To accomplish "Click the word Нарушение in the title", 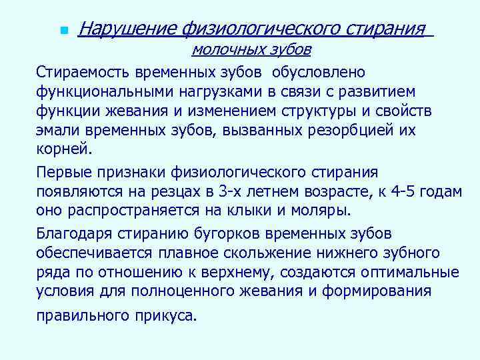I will coord(125,29).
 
